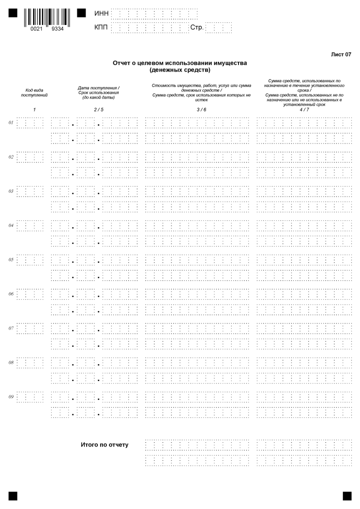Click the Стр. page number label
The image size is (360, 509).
pos(197,28)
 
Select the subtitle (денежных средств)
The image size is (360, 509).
pos(180,70)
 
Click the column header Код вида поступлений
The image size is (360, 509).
pos(34,93)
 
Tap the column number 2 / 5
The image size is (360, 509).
pos(99,110)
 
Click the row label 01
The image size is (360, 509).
pos(11,123)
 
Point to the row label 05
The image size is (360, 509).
pos(11,260)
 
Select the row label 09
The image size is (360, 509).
pos(11,397)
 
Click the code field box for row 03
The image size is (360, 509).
pos(30,191)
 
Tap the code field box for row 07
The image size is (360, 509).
pos(30,328)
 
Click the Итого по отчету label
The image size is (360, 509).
pos(104,445)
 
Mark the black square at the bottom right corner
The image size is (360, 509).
pos(347,495)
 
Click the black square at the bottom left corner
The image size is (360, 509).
pos(13,495)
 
